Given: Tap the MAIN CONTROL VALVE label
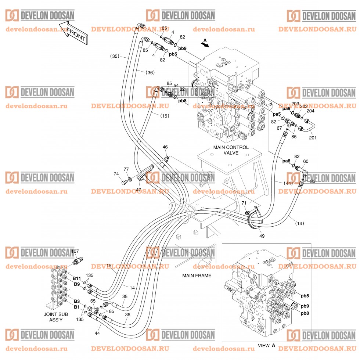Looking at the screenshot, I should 231,150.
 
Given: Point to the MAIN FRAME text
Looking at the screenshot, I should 197,276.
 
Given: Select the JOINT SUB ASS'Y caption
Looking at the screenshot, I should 56,317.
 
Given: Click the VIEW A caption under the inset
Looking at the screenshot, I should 266,346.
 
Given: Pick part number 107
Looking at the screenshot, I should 75,252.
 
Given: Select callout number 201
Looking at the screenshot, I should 312,138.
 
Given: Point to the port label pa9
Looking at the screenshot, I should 286,109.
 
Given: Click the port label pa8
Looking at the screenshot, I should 286,161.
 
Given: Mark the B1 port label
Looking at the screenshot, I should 76,307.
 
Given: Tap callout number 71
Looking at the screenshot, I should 244,203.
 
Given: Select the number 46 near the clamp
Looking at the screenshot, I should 165,147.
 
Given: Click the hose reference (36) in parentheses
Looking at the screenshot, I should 150,72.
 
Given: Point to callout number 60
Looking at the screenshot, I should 306,161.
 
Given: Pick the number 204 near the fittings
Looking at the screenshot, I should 310,111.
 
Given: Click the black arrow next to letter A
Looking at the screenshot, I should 205,44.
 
